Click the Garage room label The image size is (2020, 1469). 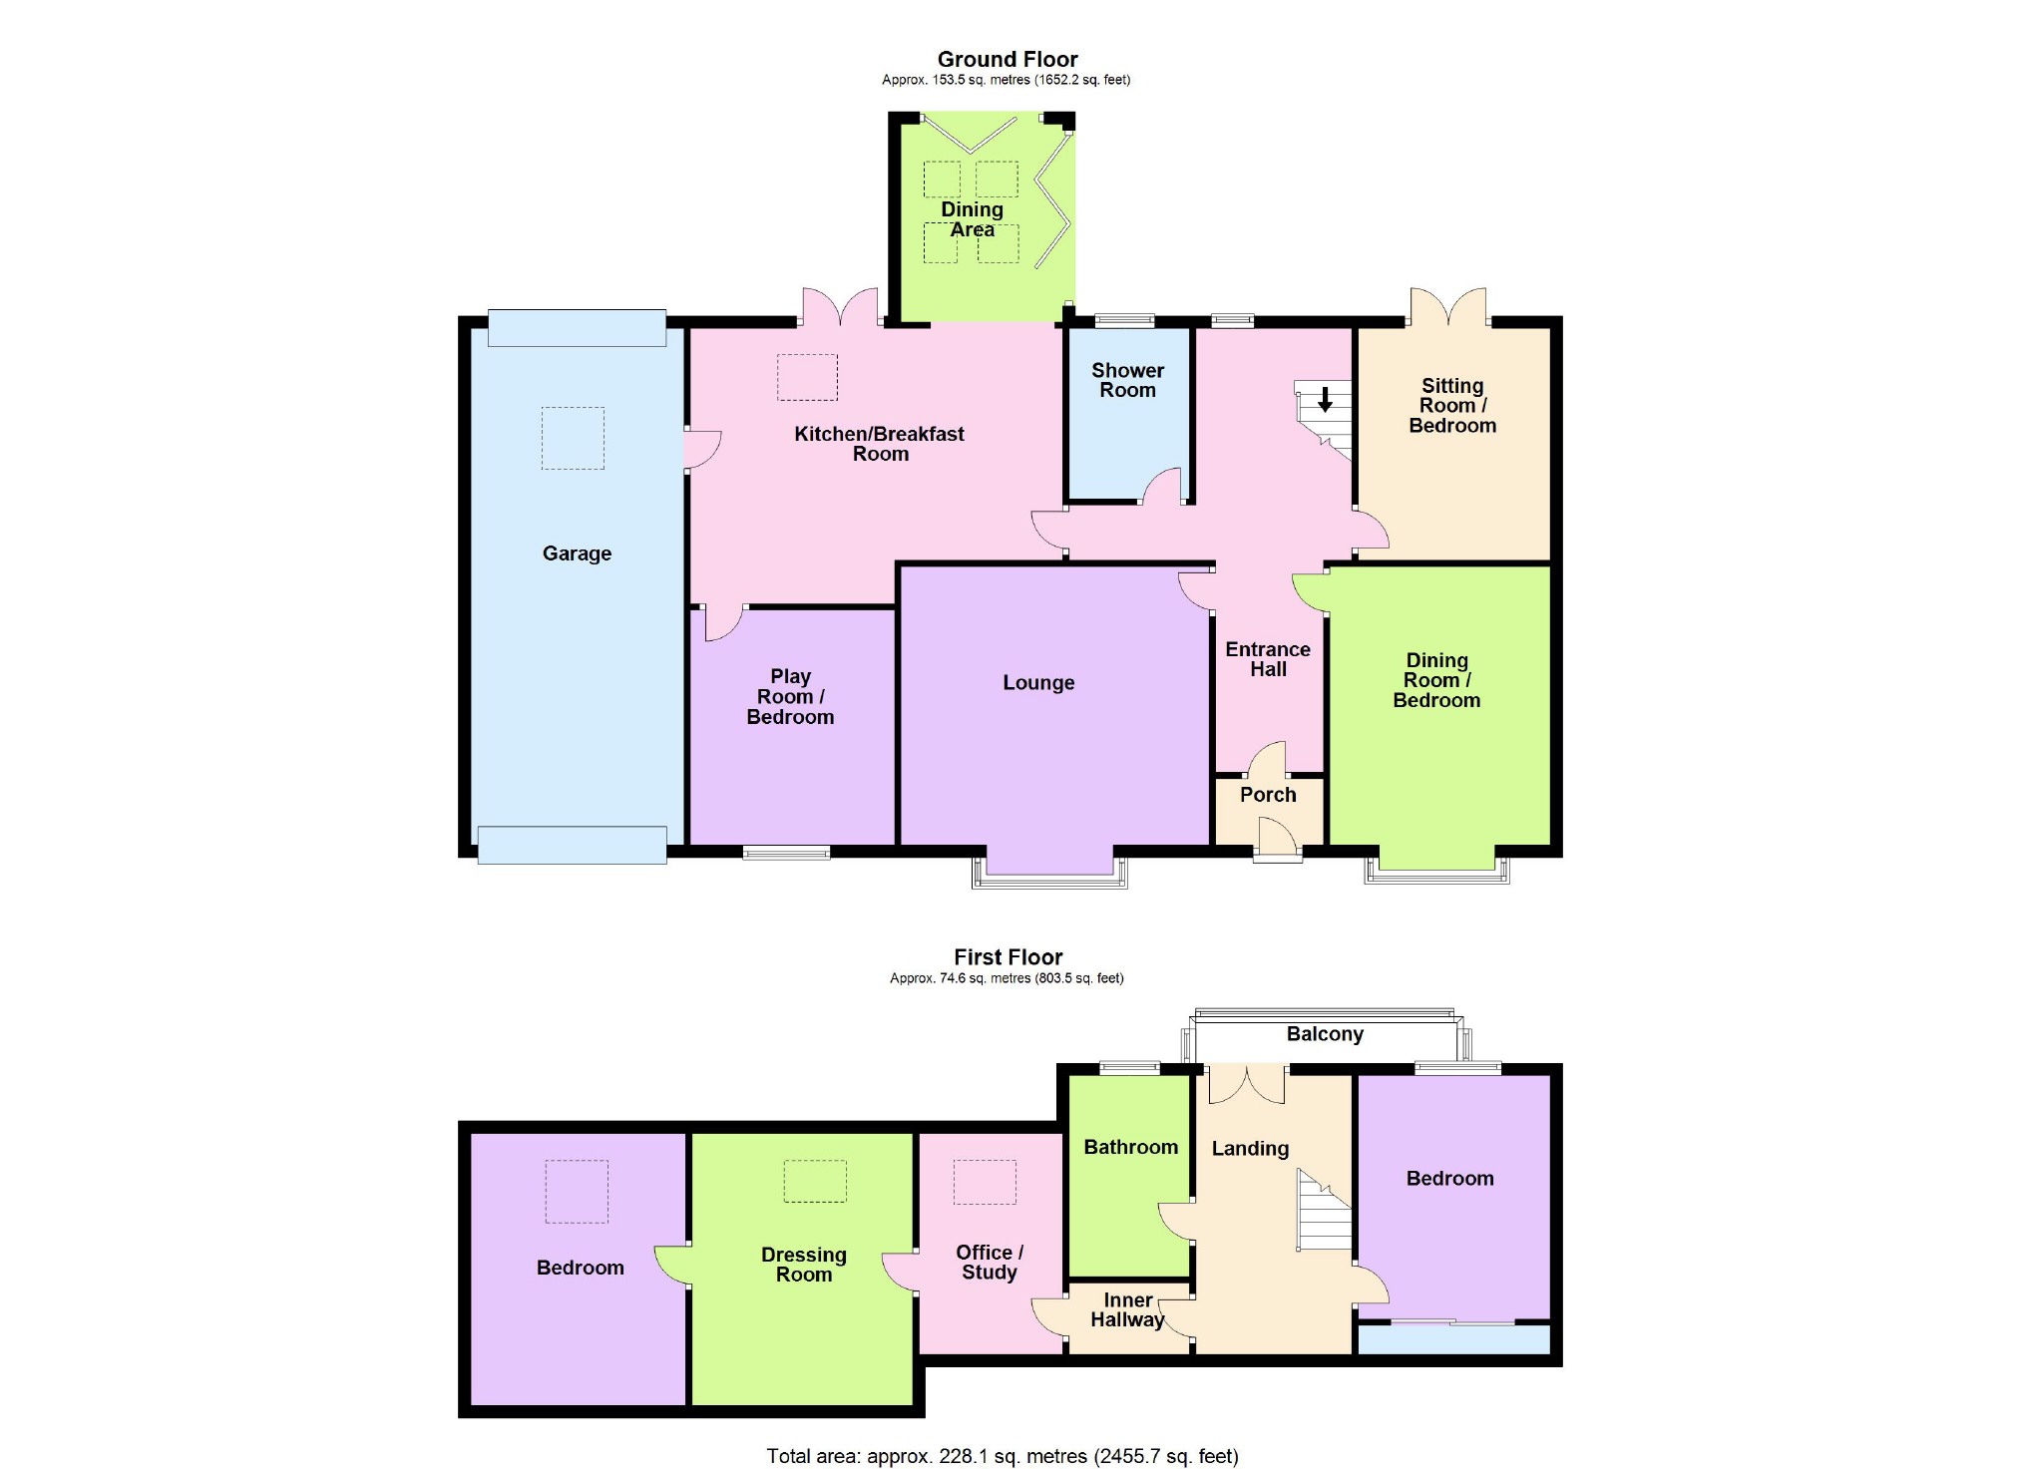point(577,553)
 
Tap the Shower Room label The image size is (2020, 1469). point(1127,381)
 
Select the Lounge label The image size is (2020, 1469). point(1038,683)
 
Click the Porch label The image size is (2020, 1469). point(1268,795)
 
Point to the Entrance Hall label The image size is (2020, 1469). point(1268,659)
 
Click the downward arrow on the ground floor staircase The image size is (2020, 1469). point(1325,400)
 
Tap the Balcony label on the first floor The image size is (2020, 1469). point(1325,1034)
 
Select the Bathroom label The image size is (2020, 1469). point(1130,1148)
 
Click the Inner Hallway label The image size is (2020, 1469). point(1127,1310)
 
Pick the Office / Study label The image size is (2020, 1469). point(989,1263)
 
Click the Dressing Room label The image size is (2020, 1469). point(803,1265)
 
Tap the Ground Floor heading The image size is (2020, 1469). point(1008,60)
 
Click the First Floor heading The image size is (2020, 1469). point(1008,957)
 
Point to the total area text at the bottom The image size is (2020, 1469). point(1002,1456)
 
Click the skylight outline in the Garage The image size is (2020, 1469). point(573,438)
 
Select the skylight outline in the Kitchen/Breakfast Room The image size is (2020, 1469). point(807,377)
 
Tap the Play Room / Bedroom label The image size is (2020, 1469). point(790,697)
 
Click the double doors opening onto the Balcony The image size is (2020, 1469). point(1247,1085)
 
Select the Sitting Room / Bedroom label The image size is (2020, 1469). point(1451,406)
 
